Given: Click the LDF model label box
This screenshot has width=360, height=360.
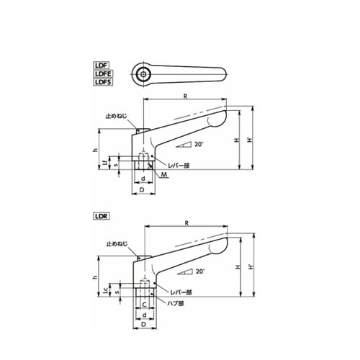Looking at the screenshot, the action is click(x=101, y=66).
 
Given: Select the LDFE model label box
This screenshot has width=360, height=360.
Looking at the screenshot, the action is click(x=103, y=73).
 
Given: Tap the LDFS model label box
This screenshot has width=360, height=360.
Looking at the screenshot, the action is click(x=103, y=82).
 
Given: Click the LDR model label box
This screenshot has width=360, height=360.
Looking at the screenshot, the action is click(x=101, y=216).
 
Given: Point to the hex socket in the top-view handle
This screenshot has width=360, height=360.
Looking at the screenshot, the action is click(x=143, y=74).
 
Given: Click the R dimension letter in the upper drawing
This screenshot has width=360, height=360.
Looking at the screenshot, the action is click(x=185, y=96).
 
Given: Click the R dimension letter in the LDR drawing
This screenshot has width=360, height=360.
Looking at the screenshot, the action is click(x=186, y=223).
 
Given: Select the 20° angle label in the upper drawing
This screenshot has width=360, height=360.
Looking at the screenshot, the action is click(x=199, y=144).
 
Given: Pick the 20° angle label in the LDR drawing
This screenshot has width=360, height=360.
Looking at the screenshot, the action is click(x=200, y=271).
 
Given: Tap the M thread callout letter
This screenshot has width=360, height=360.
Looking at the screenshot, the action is click(x=164, y=174).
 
